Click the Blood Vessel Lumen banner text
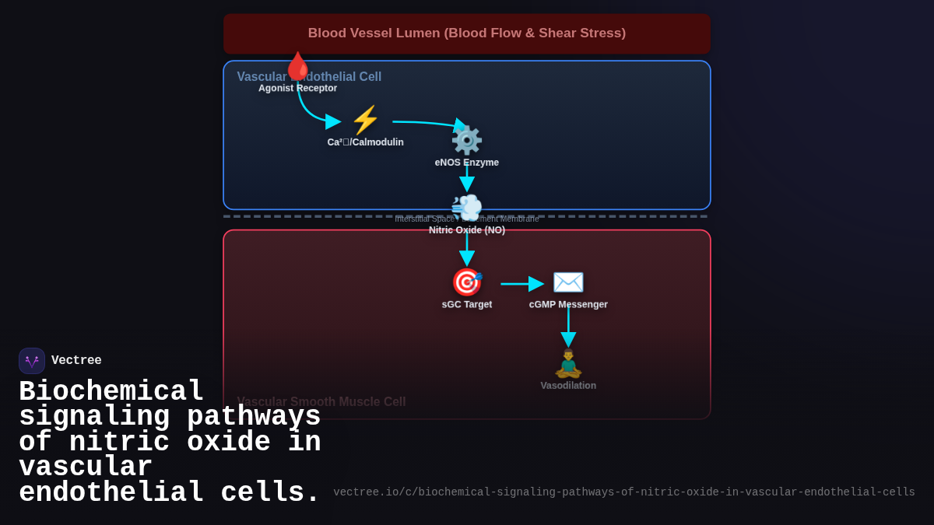pos(466,33)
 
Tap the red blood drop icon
pos(297,67)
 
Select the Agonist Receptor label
pos(297,88)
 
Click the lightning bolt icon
pos(365,121)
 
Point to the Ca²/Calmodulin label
pos(365,142)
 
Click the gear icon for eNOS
pos(467,141)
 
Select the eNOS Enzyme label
pos(466,163)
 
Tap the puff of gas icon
pos(467,208)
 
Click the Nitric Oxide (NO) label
pos(466,230)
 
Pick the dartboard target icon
pos(467,282)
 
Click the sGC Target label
pos(466,304)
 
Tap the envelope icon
pos(568,282)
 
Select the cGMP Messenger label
pos(568,304)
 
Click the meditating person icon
pos(568,363)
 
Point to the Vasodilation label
pos(568,386)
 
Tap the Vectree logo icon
pos(32,361)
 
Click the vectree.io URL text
pos(623,492)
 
